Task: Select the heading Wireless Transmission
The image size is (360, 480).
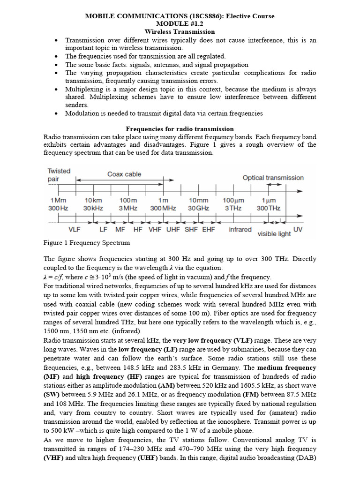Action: tap(180, 32)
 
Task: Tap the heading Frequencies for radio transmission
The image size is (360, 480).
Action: tap(180, 129)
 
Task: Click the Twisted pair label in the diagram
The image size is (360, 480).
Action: tap(59, 175)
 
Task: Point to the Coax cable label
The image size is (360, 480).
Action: tap(124, 174)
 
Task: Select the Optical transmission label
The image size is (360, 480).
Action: tap(273, 178)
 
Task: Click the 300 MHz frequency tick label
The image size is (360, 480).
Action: tap(163, 208)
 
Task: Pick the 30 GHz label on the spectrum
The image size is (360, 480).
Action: tap(199, 208)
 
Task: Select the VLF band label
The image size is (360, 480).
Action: tap(75, 230)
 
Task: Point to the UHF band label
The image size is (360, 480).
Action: tap(173, 230)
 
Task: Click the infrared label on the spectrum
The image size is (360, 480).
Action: tap(240, 230)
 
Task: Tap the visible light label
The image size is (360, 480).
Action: tap(274, 233)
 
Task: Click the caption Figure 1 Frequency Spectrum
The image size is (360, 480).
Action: tap(87, 243)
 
